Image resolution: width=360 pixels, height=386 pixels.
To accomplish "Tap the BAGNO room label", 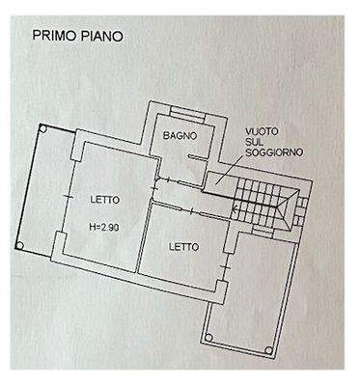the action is [180, 134].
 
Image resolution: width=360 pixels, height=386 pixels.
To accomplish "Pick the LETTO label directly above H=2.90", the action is [104, 200].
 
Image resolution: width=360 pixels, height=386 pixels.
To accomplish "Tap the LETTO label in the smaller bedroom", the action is [183, 247].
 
